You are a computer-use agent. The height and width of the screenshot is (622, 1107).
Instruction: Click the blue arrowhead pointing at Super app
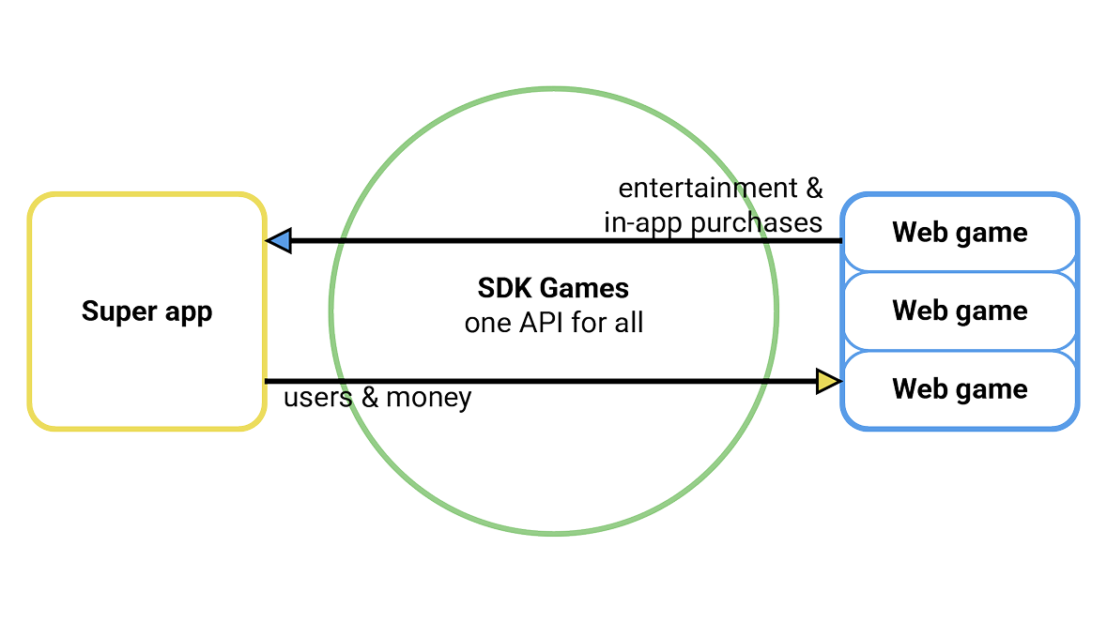(x=279, y=242)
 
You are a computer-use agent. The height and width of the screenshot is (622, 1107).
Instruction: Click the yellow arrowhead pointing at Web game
(x=827, y=381)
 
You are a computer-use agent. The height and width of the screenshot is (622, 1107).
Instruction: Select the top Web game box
(x=959, y=233)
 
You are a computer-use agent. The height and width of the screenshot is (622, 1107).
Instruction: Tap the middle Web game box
(x=959, y=310)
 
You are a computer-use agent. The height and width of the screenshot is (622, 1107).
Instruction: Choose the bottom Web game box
(x=959, y=388)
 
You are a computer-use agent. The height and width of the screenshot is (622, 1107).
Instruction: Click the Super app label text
(x=147, y=311)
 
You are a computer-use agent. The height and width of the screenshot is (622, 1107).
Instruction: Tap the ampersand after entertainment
(x=813, y=190)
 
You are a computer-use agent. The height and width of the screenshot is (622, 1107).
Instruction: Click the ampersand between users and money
(x=369, y=399)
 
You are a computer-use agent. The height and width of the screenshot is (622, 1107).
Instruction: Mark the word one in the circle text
(x=487, y=326)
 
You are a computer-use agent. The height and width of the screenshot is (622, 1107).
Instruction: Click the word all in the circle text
(x=629, y=326)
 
